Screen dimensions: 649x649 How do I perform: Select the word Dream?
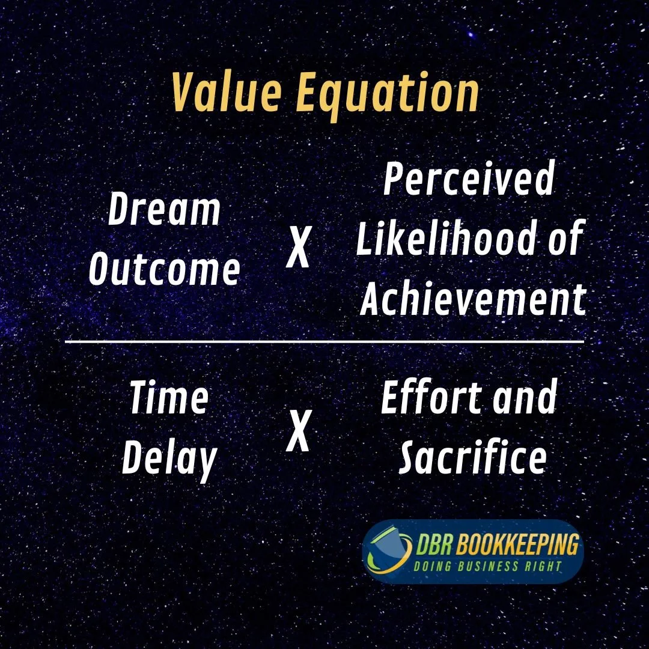(x=164, y=210)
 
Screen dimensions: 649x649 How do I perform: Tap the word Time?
(x=169, y=398)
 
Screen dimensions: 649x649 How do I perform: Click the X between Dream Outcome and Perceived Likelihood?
(x=297, y=248)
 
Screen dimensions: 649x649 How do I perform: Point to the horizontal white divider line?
(x=324, y=342)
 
